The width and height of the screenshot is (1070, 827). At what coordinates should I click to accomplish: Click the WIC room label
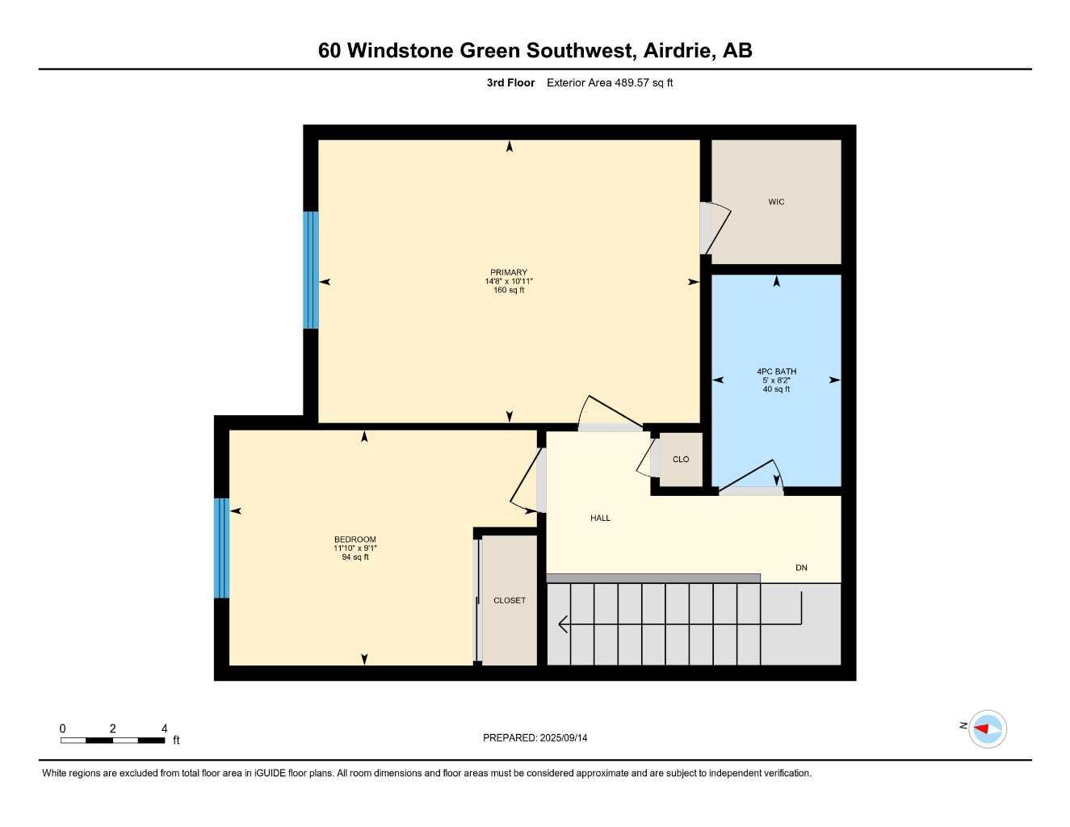pos(776,202)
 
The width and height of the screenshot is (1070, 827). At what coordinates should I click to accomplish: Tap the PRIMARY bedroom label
pos(509,272)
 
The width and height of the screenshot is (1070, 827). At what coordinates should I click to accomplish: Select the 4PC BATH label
pos(777,372)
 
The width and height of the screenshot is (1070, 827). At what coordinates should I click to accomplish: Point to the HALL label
pos(600,518)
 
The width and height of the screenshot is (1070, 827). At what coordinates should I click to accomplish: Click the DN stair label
pos(801,568)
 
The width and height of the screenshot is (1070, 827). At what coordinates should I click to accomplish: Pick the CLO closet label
pos(681,460)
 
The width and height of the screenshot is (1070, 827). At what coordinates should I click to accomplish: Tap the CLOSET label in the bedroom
pos(510,600)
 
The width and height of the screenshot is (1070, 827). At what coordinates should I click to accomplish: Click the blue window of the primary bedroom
pos(311,270)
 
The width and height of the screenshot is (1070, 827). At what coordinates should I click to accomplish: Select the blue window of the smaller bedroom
pos(221,548)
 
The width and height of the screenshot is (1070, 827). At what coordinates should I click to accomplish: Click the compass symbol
pos(988,729)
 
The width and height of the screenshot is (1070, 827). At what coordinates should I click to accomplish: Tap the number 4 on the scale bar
pos(165,728)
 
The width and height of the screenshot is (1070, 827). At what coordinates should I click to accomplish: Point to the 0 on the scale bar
pos(62,728)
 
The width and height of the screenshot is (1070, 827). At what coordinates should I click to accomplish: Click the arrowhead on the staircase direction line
pos(564,624)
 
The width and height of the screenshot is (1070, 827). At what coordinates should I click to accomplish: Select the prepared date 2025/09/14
pos(564,738)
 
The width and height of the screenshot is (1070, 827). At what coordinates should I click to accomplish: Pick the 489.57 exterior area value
pos(632,82)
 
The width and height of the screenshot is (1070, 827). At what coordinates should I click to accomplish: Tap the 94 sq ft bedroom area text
pos(355,556)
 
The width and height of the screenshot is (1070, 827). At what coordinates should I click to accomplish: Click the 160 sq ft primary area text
pos(509,290)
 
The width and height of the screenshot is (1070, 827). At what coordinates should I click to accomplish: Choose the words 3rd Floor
pos(510,82)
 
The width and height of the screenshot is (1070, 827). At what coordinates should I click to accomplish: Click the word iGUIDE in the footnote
pos(270,773)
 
